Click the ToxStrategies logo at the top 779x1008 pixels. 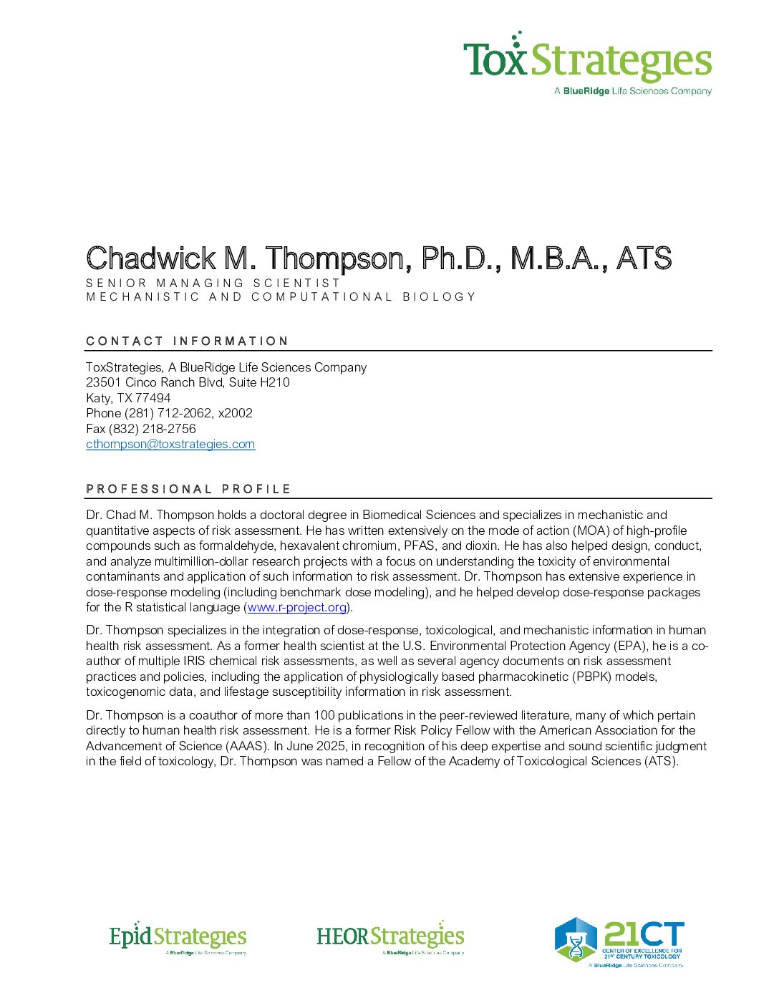(x=587, y=63)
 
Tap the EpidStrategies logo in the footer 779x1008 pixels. (x=178, y=938)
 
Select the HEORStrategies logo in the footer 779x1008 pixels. (x=390, y=937)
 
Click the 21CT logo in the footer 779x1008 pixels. (x=619, y=943)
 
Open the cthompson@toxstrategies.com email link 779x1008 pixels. (x=170, y=444)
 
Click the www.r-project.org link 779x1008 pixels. (x=297, y=607)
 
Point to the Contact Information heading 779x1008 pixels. (x=187, y=341)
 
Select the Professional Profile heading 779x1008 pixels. (x=188, y=489)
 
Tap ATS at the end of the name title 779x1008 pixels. (x=644, y=258)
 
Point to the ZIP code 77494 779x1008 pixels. (x=153, y=398)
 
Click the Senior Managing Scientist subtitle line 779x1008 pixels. (x=213, y=283)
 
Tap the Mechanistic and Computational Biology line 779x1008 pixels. (x=281, y=296)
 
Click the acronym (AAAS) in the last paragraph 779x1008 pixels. (x=247, y=746)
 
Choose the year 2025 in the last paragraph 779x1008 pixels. (x=330, y=746)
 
